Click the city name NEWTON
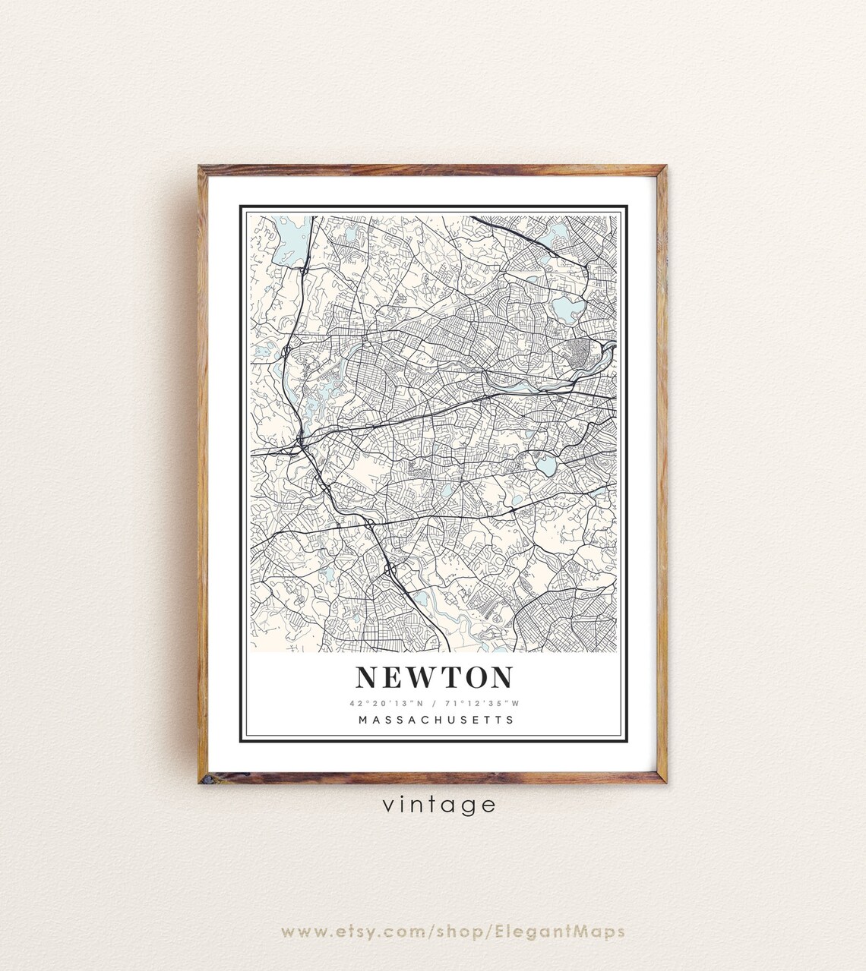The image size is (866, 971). click(x=434, y=676)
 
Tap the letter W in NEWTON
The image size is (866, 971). click(x=422, y=676)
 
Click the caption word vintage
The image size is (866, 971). click(x=439, y=804)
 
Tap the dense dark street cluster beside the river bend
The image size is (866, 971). click(x=583, y=352)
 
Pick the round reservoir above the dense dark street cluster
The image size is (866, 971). click(x=569, y=308)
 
